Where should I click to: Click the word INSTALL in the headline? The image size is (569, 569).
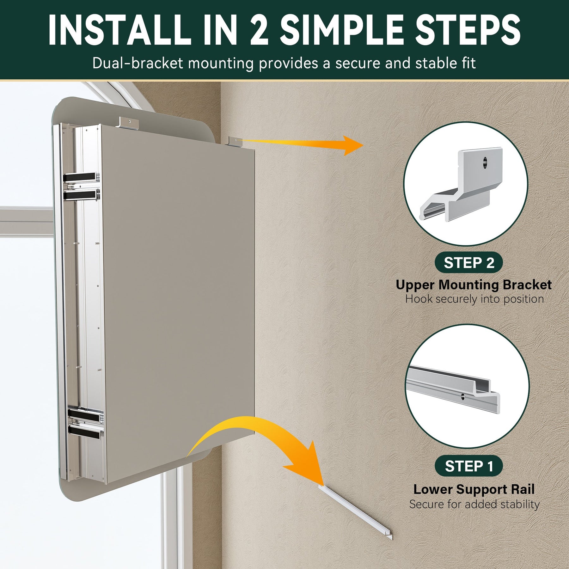click(x=119, y=30)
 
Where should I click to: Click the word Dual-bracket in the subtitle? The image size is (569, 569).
click(x=138, y=63)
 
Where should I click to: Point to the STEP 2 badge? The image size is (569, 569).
click(x=469, y=262)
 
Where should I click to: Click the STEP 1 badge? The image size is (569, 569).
click(x=469, y=466)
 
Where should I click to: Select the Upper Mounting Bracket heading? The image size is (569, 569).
click(x=474, y=284)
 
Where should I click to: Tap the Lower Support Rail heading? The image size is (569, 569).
click(x=474, y=489)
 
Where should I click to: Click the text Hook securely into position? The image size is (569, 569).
click(x=474, y=299)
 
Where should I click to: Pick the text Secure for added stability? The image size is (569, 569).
click(x=474, y=504)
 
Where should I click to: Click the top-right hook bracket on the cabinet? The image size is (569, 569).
click(x=236, y=141)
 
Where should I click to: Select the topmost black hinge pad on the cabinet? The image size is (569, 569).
click(x=80, y=177)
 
